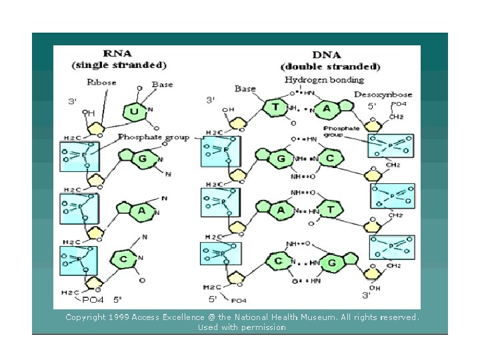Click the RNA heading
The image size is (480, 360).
click(119, 54)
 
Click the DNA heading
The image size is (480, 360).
click(330, 55)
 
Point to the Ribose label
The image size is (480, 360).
click(101, 83)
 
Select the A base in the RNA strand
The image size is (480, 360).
click(142, 211)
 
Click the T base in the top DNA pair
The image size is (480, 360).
click(275, 107)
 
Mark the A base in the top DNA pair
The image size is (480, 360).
click(327, 107)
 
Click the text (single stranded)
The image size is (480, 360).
click(119, 65)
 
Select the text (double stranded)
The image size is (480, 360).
click(331, 66)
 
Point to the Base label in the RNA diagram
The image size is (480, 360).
click(162, 85)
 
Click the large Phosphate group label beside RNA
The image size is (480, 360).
click(153, 137)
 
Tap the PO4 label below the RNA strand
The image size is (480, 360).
click(93, 300)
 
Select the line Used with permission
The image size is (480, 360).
click(241, 327)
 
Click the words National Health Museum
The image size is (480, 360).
click(317, 317)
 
